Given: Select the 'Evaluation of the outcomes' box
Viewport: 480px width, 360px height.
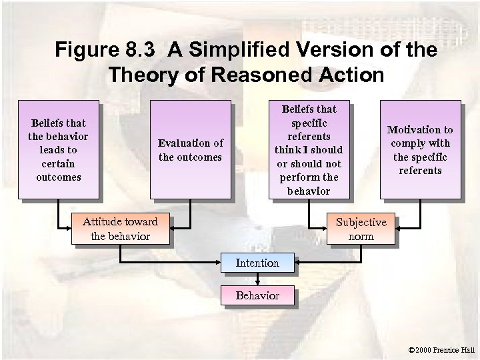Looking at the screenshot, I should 190,149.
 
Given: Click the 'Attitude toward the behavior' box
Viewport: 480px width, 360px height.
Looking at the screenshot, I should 120,229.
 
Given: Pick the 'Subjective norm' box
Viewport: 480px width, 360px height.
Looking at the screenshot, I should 361,229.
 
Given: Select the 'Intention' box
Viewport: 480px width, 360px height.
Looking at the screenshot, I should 257,263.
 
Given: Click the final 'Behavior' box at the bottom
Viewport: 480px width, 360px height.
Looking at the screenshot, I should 257,295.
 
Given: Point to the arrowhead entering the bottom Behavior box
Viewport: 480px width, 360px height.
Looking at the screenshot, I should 257,284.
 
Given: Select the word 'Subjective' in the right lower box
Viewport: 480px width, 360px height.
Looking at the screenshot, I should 361,222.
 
